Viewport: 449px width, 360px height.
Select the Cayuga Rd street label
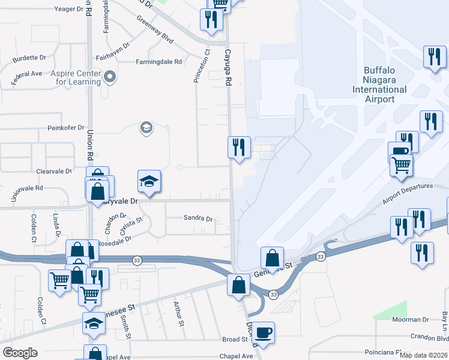pyautogui.click(x=228, y=67)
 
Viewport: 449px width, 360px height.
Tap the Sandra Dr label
pyautogui.click(x=198, y=219)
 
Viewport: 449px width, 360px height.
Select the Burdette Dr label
pyautogui.click(x=29, y=58)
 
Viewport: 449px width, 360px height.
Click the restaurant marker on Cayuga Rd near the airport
pyautogui.click(x=238, y=146)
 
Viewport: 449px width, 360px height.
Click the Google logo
pyautogui.click(x=20, y=353)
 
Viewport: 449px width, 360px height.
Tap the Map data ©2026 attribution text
pyautogui.click(x=424, y=355)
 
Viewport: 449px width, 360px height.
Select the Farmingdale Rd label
pyautogui.click(x=158, y=62)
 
